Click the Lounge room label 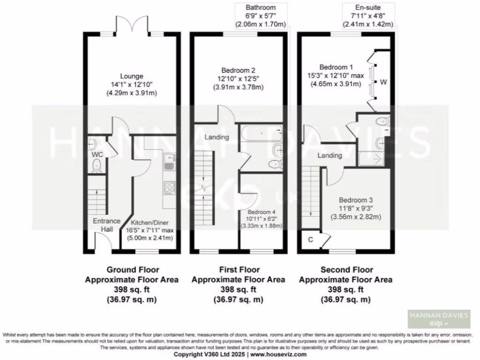[131, 76]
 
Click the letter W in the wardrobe [383, 83]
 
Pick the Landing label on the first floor [217, 137]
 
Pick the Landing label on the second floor [330, 155]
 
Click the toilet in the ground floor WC [96, 164]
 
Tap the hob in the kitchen [169, 187]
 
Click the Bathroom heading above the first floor [261, 7]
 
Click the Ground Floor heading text [133, 270]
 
